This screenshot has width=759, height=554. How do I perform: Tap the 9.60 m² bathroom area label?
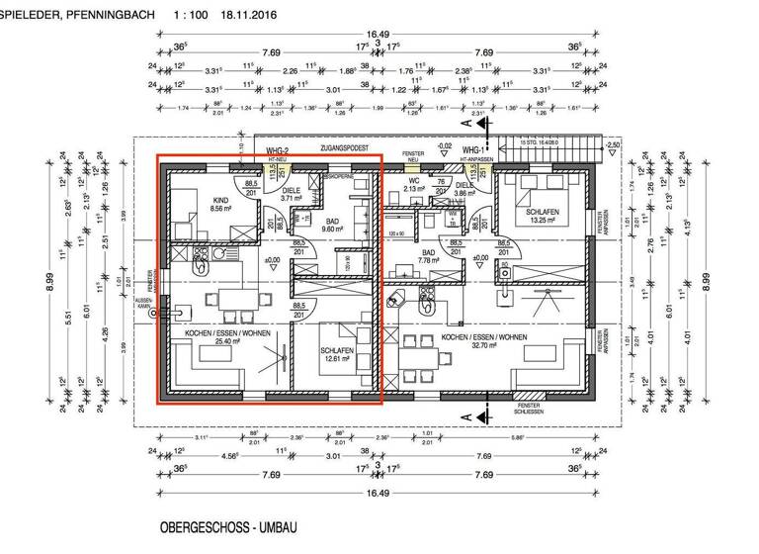pos(331,224)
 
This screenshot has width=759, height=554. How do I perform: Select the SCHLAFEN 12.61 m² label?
pos(337,355)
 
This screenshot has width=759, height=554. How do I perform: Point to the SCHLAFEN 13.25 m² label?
pos(545,217)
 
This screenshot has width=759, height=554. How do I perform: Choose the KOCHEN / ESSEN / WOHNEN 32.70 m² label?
pos(484,343)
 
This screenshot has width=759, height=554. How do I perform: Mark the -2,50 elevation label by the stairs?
pos(614,146)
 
